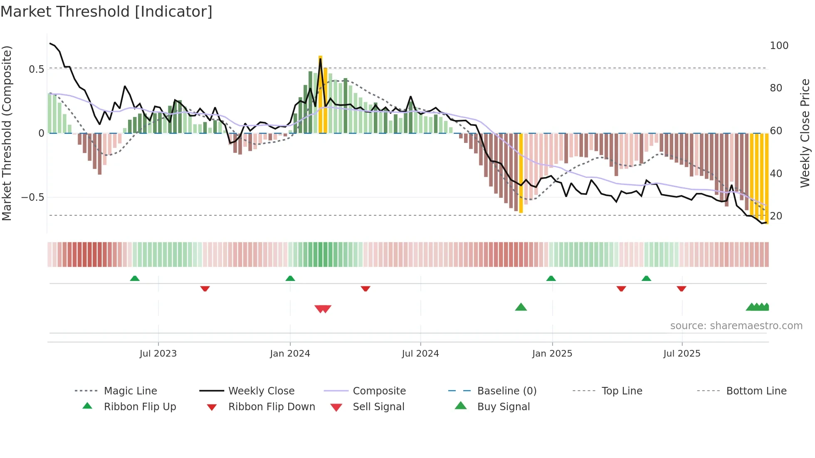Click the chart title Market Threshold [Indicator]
[x=106, y=12]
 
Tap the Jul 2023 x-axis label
[x=158, y=354]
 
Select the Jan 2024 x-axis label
[x=290, y=354]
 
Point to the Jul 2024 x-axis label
[x=420, y=354]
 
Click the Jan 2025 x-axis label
[x=552, y=354]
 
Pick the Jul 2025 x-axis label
[x=682, y=354]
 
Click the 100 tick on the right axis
[x=779, y=46]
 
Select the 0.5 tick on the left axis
[x=36, y=69]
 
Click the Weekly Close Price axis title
[x=805, y=133]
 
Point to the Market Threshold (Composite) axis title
[x=7, y=133]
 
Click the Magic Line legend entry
[x=130, y=391]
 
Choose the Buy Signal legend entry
[x=503, y=407]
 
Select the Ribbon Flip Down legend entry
[x=272, y=407]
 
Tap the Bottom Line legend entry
[x=756, y=391]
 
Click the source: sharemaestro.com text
[x=736, y=326]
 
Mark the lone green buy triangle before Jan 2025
[x=521, y=307]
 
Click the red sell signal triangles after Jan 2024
[x=323, y=309]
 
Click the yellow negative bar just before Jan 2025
[x=521, y=172]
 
